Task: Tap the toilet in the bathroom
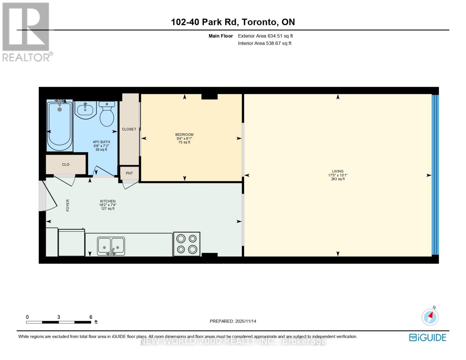click(107, 114)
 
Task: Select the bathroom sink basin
click(85, 110)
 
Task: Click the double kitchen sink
click(111, 246)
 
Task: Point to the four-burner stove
click(187, 244)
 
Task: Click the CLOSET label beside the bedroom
click(129, 129)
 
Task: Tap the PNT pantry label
click(129, 173)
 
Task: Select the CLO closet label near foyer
click(66, 164)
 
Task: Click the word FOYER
click(68, 205)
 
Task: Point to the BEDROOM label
click(184, 134)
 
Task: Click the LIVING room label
click(338, 171)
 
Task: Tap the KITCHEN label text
click(108, 201)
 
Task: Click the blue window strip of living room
click(435, 175)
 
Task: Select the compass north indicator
click(430, 317)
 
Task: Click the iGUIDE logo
click(427, 337)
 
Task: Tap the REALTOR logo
click(26, 32)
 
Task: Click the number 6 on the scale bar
click(91, 317)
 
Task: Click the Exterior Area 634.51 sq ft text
click(265, 36)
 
